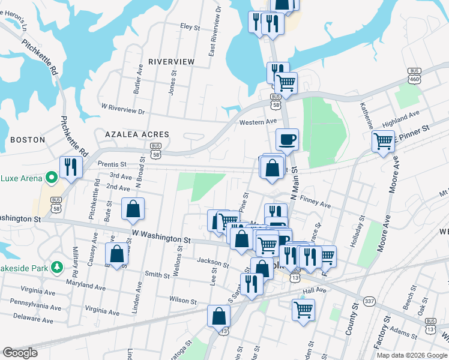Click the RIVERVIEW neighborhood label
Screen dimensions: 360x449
(171, 62)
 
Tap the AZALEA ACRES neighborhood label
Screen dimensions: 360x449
(137, 134)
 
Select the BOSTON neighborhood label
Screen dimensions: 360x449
(28, 140)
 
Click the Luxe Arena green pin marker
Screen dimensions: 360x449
(52, 177)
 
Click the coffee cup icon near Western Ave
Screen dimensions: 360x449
(287, 139)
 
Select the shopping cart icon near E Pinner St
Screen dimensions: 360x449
(383, 142)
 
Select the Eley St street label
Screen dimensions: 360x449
(190, 26)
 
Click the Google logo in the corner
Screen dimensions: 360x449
(20, 353)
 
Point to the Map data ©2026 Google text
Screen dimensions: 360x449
(411, 355)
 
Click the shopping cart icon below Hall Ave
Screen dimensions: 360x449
(304, 310)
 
